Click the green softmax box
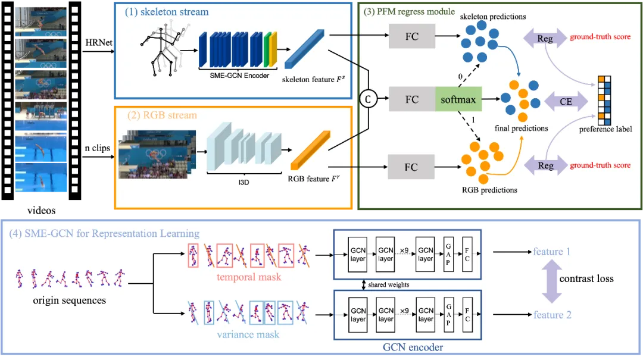point(458,99)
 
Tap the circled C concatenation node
point(369,99)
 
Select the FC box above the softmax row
point(411,37)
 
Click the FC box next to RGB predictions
point(411,167)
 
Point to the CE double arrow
point(565,101)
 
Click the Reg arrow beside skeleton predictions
point(545,39)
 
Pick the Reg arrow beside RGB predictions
point(545,165)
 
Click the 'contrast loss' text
point(587,278)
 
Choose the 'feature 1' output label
point(552,251)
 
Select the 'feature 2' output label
point(552,315)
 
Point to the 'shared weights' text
point(389,284)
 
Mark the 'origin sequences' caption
point(70,300)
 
